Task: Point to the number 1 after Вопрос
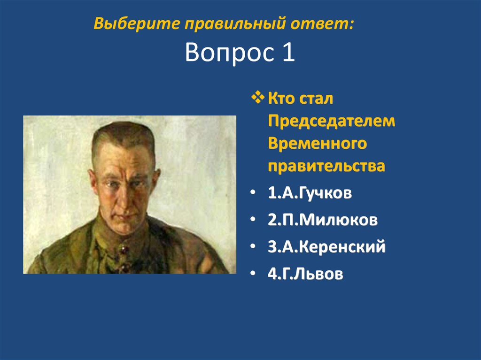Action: coord(288,53)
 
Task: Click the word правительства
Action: coord(326,166)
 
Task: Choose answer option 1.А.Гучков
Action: coord(310,193)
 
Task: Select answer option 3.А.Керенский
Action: coord(327,246)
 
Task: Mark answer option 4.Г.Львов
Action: coord(305,274)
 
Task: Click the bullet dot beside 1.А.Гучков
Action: coord(254,194)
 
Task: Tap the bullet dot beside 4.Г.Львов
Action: coord(254,275)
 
